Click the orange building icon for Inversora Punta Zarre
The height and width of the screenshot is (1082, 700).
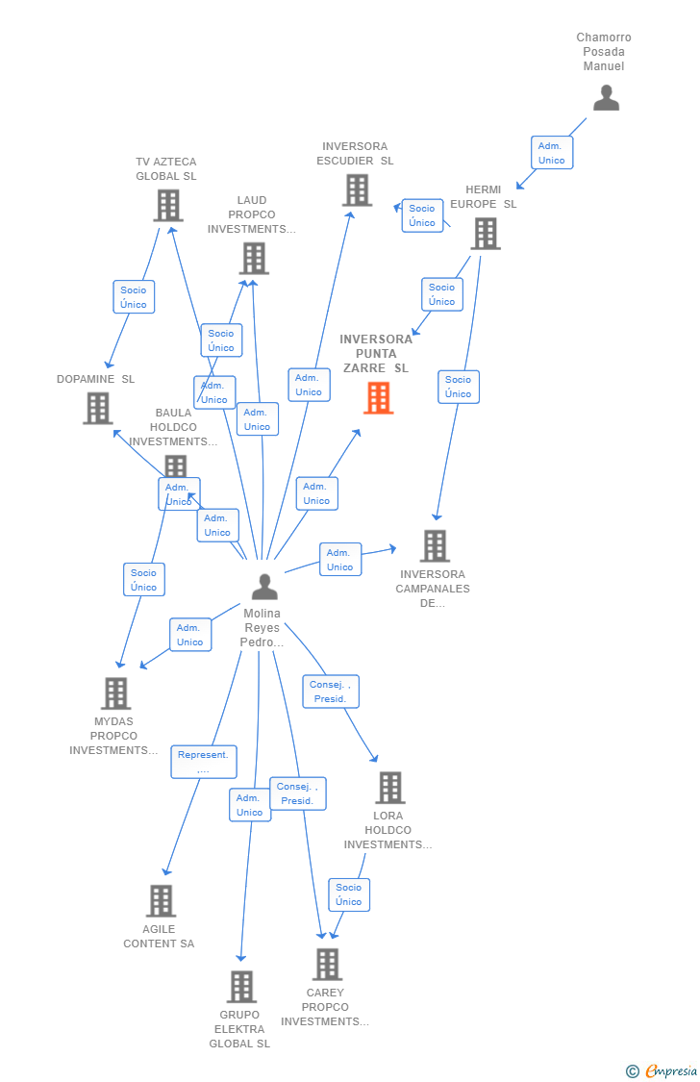[378, 397]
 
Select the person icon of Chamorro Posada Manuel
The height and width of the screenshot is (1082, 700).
[606, 98]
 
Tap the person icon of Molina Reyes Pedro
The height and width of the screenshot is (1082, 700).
[264, 587]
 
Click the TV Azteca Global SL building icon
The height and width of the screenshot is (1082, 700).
[168, 205]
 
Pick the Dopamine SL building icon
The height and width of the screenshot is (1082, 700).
[98, 408]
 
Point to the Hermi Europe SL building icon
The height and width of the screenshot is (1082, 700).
[486, 233]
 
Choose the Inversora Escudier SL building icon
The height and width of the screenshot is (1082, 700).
[357, 189]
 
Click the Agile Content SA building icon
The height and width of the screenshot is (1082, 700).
[161, 901]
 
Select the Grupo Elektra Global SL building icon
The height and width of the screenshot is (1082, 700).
[241, 987]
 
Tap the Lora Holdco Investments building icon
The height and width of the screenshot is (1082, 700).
[389, 788]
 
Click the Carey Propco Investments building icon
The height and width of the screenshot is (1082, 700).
[327, 964]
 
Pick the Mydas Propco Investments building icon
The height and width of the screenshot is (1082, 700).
[115, 692]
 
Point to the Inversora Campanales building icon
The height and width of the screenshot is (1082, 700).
[435, 546]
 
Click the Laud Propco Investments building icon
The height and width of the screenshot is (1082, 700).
[254, 258]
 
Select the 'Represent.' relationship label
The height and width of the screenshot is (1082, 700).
[204, 762]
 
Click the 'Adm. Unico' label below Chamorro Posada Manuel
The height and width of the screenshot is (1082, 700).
[552, 153]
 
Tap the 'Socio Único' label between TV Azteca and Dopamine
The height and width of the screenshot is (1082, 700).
[134, 297]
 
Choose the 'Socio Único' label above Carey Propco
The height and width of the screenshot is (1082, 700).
[349, 894]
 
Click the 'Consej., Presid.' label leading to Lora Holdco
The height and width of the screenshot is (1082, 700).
[331, 692]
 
